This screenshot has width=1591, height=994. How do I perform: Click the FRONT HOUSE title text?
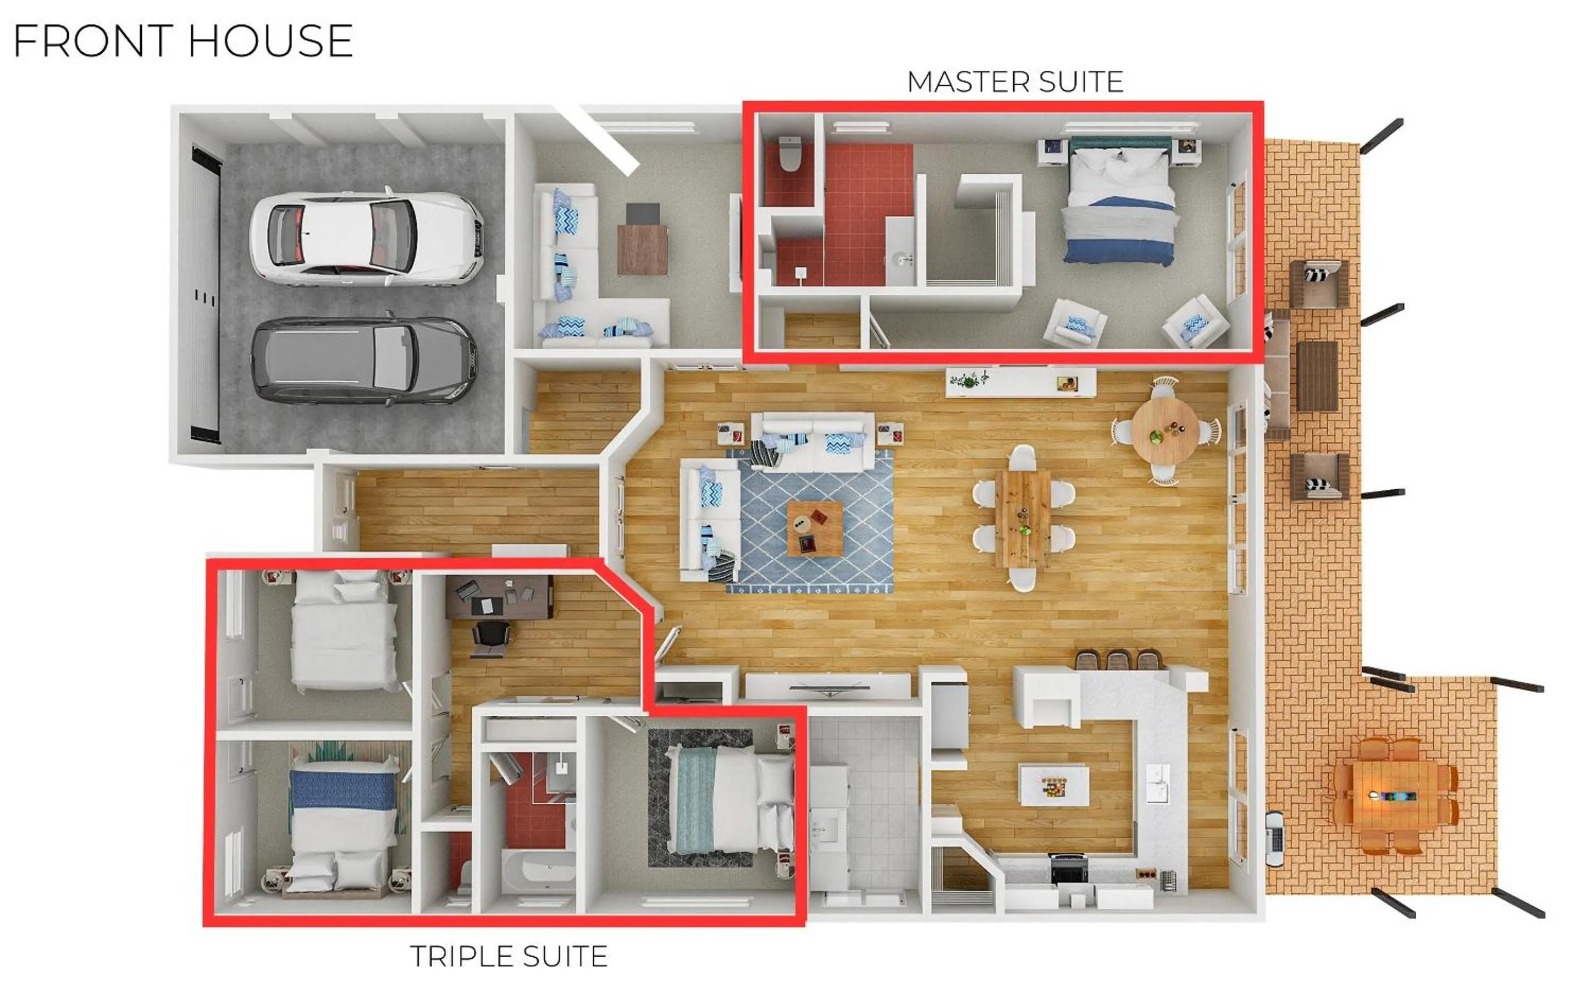coord(183,41)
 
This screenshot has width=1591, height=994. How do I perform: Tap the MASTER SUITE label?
coord(1015,82)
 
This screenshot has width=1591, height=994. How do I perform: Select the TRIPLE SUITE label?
coord(509,957)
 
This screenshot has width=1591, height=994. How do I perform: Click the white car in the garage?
coord(366,238)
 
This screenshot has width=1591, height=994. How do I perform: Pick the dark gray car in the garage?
coord(363,360)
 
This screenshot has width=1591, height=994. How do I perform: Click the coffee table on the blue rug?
coord(815,528)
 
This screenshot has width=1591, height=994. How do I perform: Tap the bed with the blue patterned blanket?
coord(343,822)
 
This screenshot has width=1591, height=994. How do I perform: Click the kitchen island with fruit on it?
coord(1053,785)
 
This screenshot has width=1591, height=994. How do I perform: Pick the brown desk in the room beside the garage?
coord(642,249)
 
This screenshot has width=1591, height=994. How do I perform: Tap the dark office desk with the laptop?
coord(499,597)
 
